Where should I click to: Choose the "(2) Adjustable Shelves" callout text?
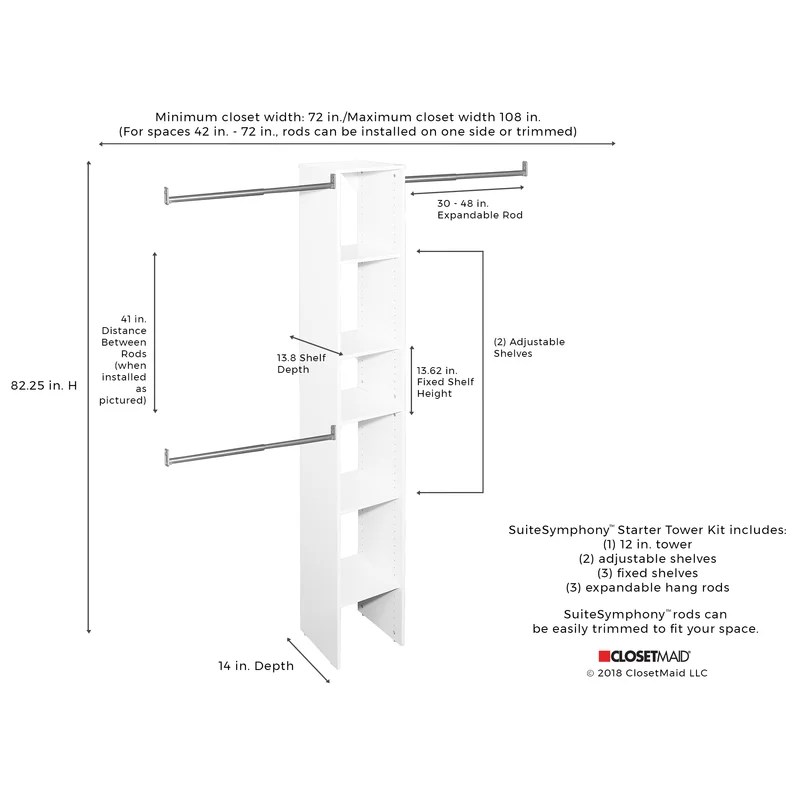pyautogui.click(x=529, y=347)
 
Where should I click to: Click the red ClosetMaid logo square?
pyautogui.click(x=604, y=656)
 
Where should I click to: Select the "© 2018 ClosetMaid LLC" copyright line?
pyautogui.click(x=647, y=673)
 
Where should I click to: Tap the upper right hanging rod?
pyautogui.click(x=465, y=175)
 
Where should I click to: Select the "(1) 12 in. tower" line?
pyautogui.click(x=648, y=544)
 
